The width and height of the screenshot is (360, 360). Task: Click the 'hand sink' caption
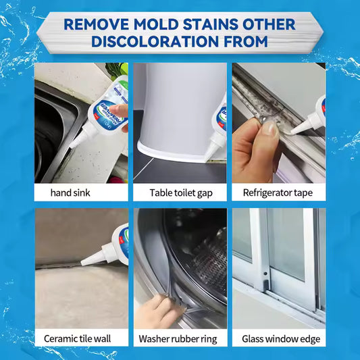pos(70,193)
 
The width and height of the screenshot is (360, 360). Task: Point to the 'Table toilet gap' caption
pos(179,193)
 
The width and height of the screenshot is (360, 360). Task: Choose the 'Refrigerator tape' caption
pos(278,193)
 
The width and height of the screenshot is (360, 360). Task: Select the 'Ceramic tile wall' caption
pos(76,338)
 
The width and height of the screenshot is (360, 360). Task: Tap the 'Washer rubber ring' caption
pos(179,338)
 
